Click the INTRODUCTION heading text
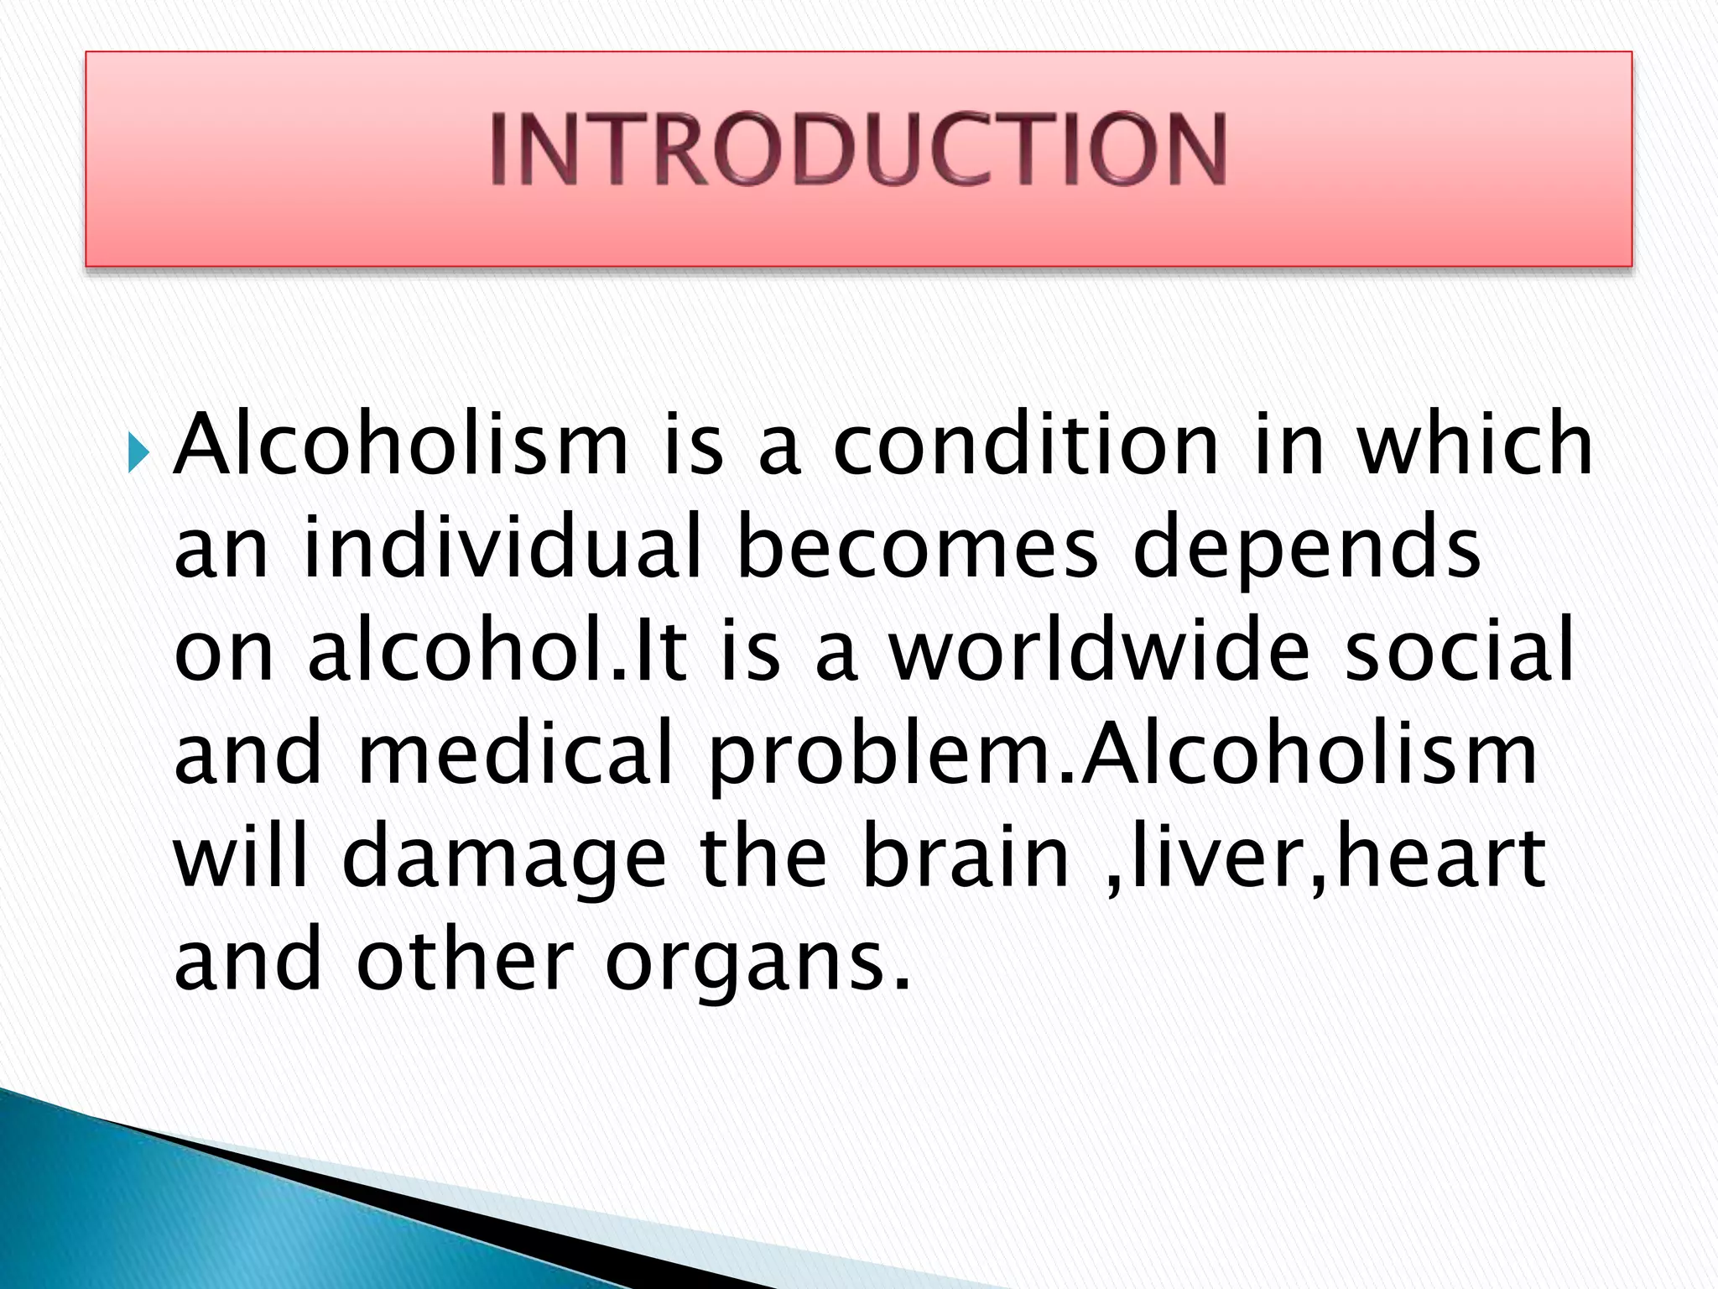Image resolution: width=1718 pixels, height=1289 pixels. click(858, 149)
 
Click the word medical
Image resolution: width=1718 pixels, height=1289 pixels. click(516, 754)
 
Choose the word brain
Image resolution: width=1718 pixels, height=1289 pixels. click(966, 857)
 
